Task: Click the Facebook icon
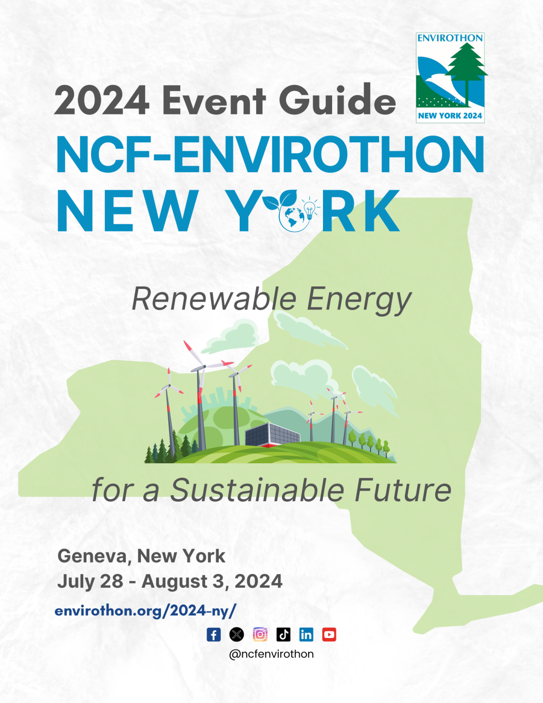pos(214,635)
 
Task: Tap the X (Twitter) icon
pos(237,635)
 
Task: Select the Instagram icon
pos(260,635)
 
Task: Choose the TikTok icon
pos(284,635)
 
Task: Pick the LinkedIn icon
pos(306,635)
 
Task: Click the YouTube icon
pos(329,635)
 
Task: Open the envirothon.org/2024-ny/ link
pos(145,611)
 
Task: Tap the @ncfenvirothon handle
pos(272,654)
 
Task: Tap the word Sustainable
pos(257,490)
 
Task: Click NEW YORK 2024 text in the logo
pos(450,116)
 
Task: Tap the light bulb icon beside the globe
pos(309,208)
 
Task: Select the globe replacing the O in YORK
pos(294,217)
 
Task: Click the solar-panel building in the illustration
pos(273,434)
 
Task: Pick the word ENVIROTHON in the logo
pos(450,38)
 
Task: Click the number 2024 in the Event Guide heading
pos(102,100)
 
